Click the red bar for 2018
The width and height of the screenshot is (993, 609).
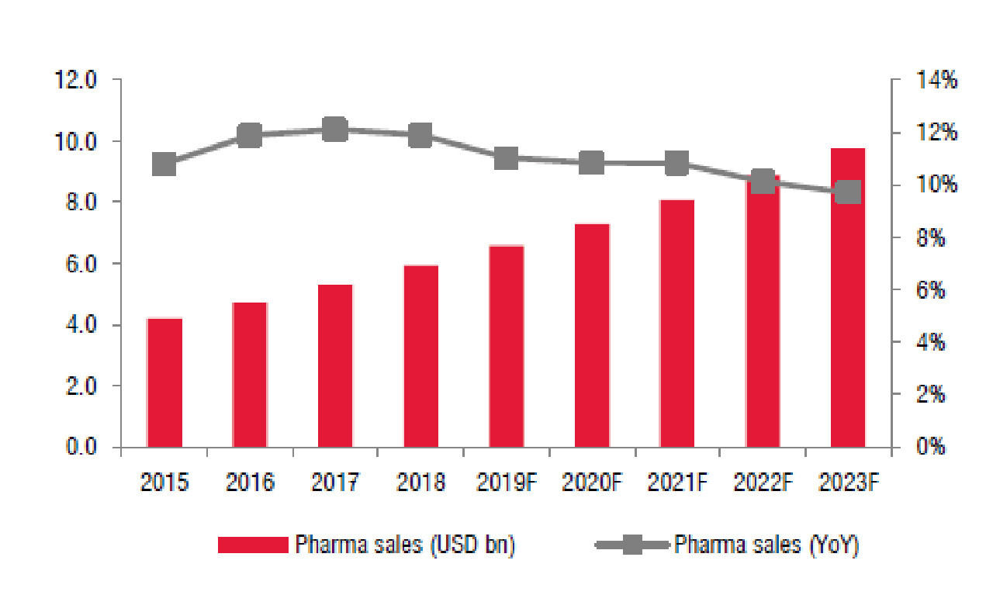(x=421, y=356)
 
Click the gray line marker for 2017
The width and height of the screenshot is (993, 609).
(x=335, y=130)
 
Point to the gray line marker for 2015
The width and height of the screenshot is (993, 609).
(x=164, y=164)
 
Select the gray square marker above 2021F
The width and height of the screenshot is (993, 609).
(x=677, y=164)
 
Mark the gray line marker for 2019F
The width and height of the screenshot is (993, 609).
(x=507, y=158)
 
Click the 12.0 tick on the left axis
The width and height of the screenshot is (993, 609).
(x=76, y=80)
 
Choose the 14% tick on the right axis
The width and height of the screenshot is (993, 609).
(x=938, y=80)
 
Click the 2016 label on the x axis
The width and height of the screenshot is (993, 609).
(x=250, y=483)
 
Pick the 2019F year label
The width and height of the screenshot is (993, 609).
(x=507, y=483)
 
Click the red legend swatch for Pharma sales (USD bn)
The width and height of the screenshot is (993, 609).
(x=253, y=545)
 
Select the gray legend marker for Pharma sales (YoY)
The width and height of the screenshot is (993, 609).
(x=632, y=545)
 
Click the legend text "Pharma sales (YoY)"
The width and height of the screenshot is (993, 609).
(x=766, y=545)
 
